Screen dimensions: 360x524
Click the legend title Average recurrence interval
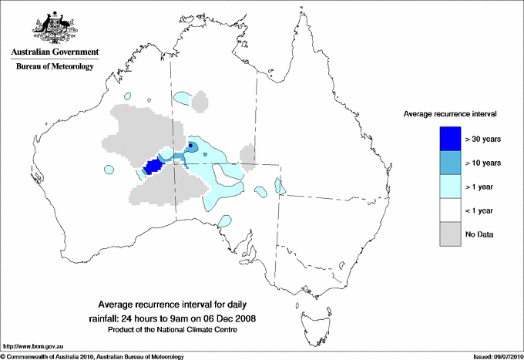(x=449, y=113)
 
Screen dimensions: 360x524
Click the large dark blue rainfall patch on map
(x=154, y=167)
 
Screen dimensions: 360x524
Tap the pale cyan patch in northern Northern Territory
(x=184, y=98)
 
